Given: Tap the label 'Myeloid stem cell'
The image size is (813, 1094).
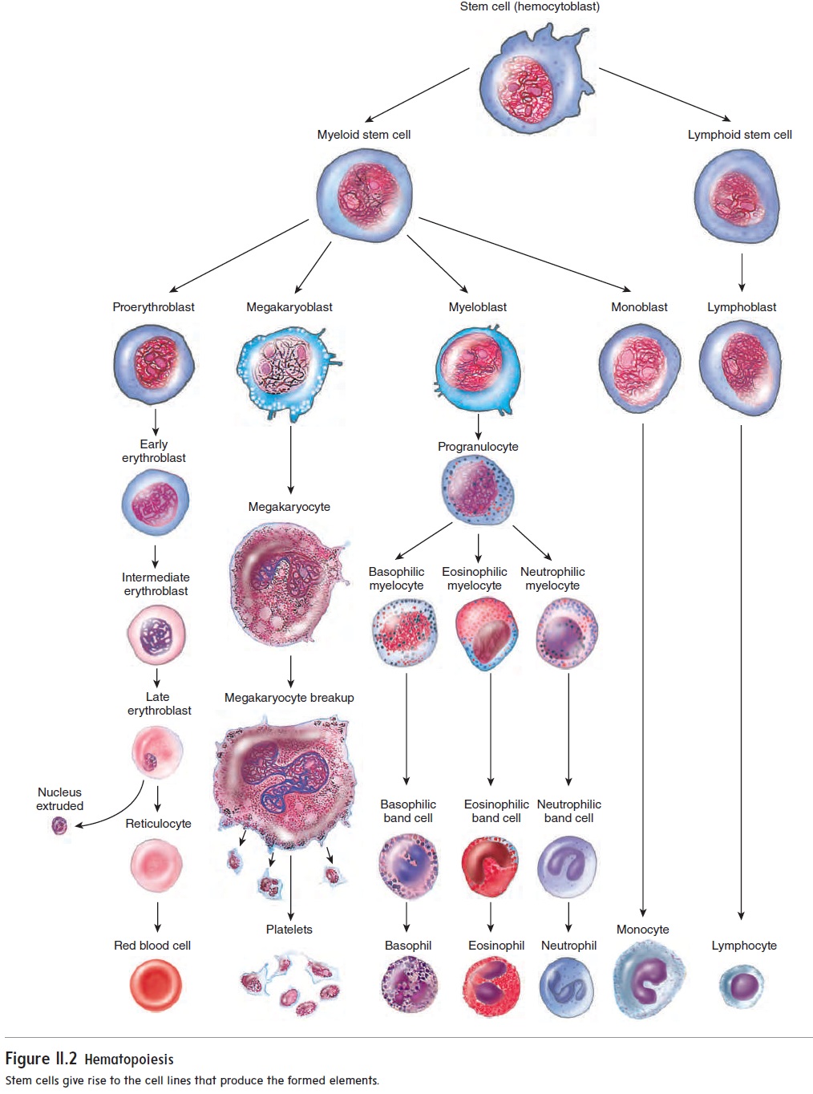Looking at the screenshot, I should tap(363, 135).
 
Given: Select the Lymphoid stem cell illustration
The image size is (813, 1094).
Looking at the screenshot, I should tap(736, 197).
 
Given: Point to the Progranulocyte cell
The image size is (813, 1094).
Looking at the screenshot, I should tap(477, 490).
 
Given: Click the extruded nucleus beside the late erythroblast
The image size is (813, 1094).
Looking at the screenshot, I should tap(59, 825).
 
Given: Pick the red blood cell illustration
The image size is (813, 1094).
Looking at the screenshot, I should tap(156, 986).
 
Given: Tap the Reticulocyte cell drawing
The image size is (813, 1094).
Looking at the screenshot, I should tap(156, 865).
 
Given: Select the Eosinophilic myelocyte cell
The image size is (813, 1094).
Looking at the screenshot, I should tap(486, 633).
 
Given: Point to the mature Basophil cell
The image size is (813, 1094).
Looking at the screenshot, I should tap(409, 986).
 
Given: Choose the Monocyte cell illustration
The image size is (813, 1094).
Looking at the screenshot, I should tap(648, 980).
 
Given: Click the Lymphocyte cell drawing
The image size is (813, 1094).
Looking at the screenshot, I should tap(742, 986).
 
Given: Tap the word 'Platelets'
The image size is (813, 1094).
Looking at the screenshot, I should tap(289, 930).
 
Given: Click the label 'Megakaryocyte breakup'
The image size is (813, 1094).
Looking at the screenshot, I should tap(289, 698).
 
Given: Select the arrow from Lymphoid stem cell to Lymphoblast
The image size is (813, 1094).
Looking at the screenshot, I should tap(742, 273).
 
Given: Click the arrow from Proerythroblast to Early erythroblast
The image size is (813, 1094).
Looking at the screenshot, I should tap(156, 421).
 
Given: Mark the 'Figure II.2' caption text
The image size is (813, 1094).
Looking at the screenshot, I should tap(41, 1059).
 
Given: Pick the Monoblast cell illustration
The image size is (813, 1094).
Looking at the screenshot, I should tap(639, 368).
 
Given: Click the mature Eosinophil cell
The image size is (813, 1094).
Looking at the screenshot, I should tap(491, 987).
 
